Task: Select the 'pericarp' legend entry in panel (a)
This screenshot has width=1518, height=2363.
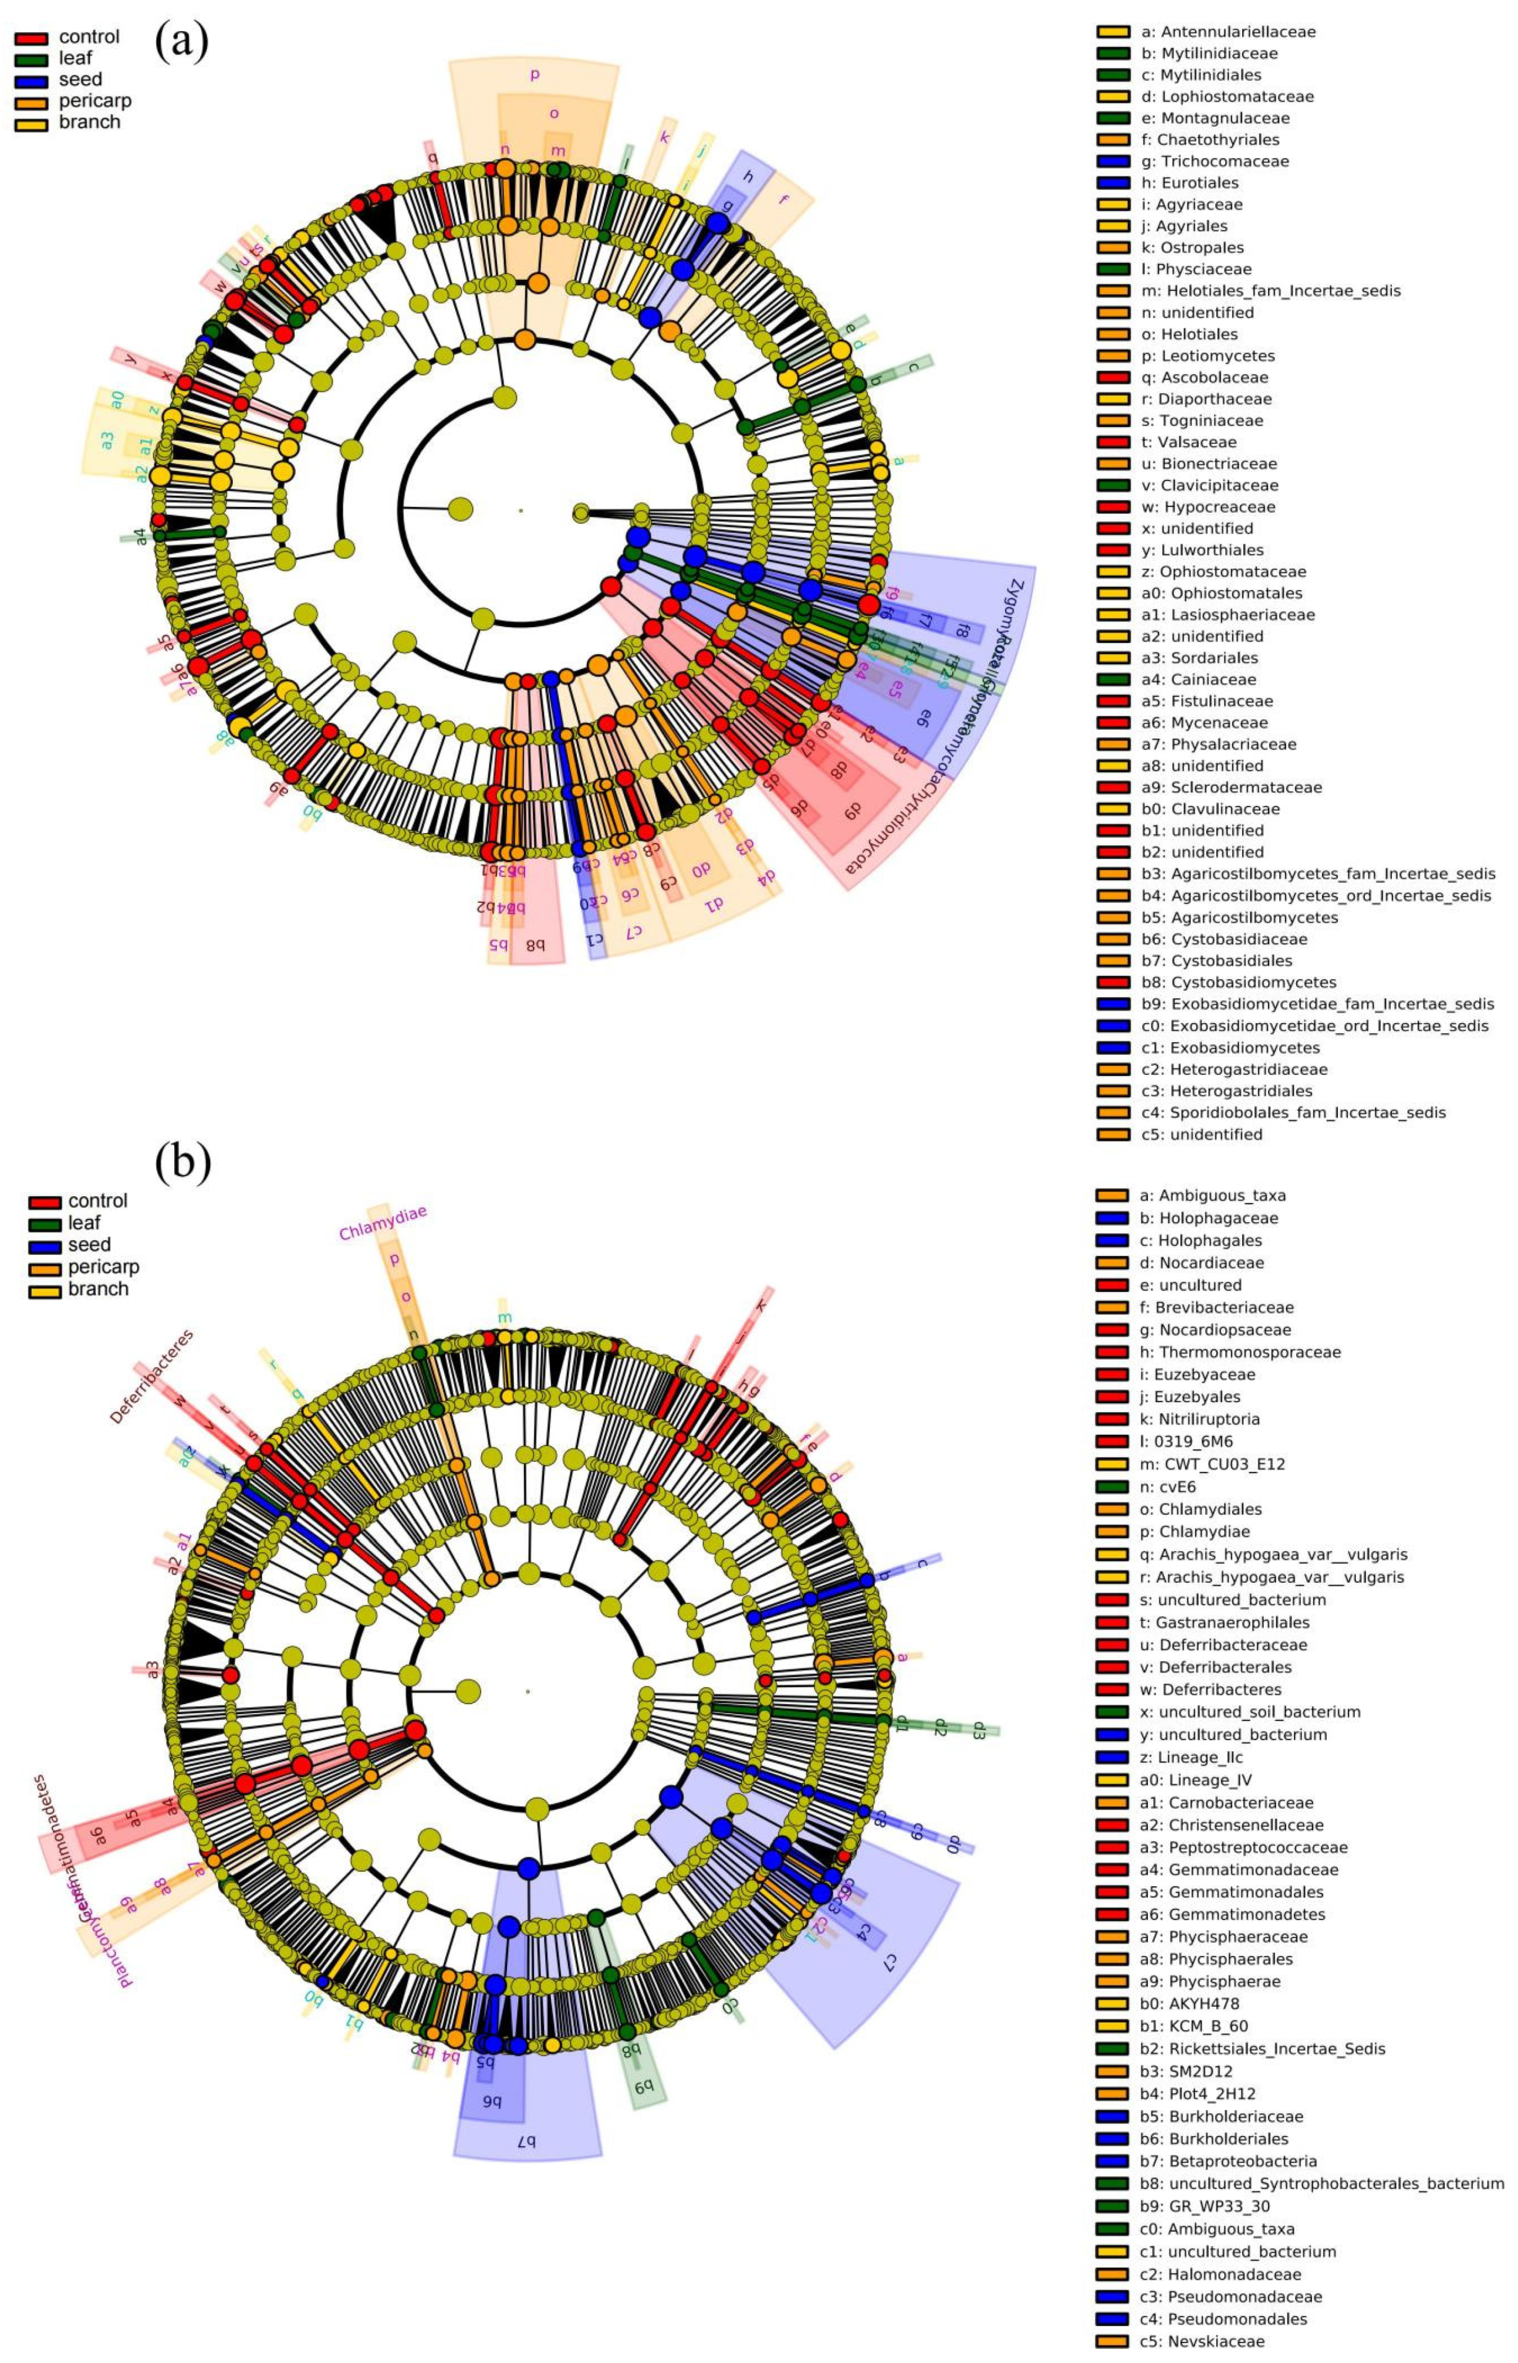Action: [x=94, y=100]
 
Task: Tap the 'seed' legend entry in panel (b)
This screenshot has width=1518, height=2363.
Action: [x=89, y=1245]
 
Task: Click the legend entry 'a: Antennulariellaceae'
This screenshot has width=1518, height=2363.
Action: [x=1227, y=32]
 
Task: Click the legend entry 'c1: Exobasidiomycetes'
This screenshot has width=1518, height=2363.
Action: [x=1230, y=1048]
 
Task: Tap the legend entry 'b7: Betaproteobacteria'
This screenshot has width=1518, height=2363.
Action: [x=1227, y=2161]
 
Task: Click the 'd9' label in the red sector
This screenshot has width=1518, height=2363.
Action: [x=851, y=811]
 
